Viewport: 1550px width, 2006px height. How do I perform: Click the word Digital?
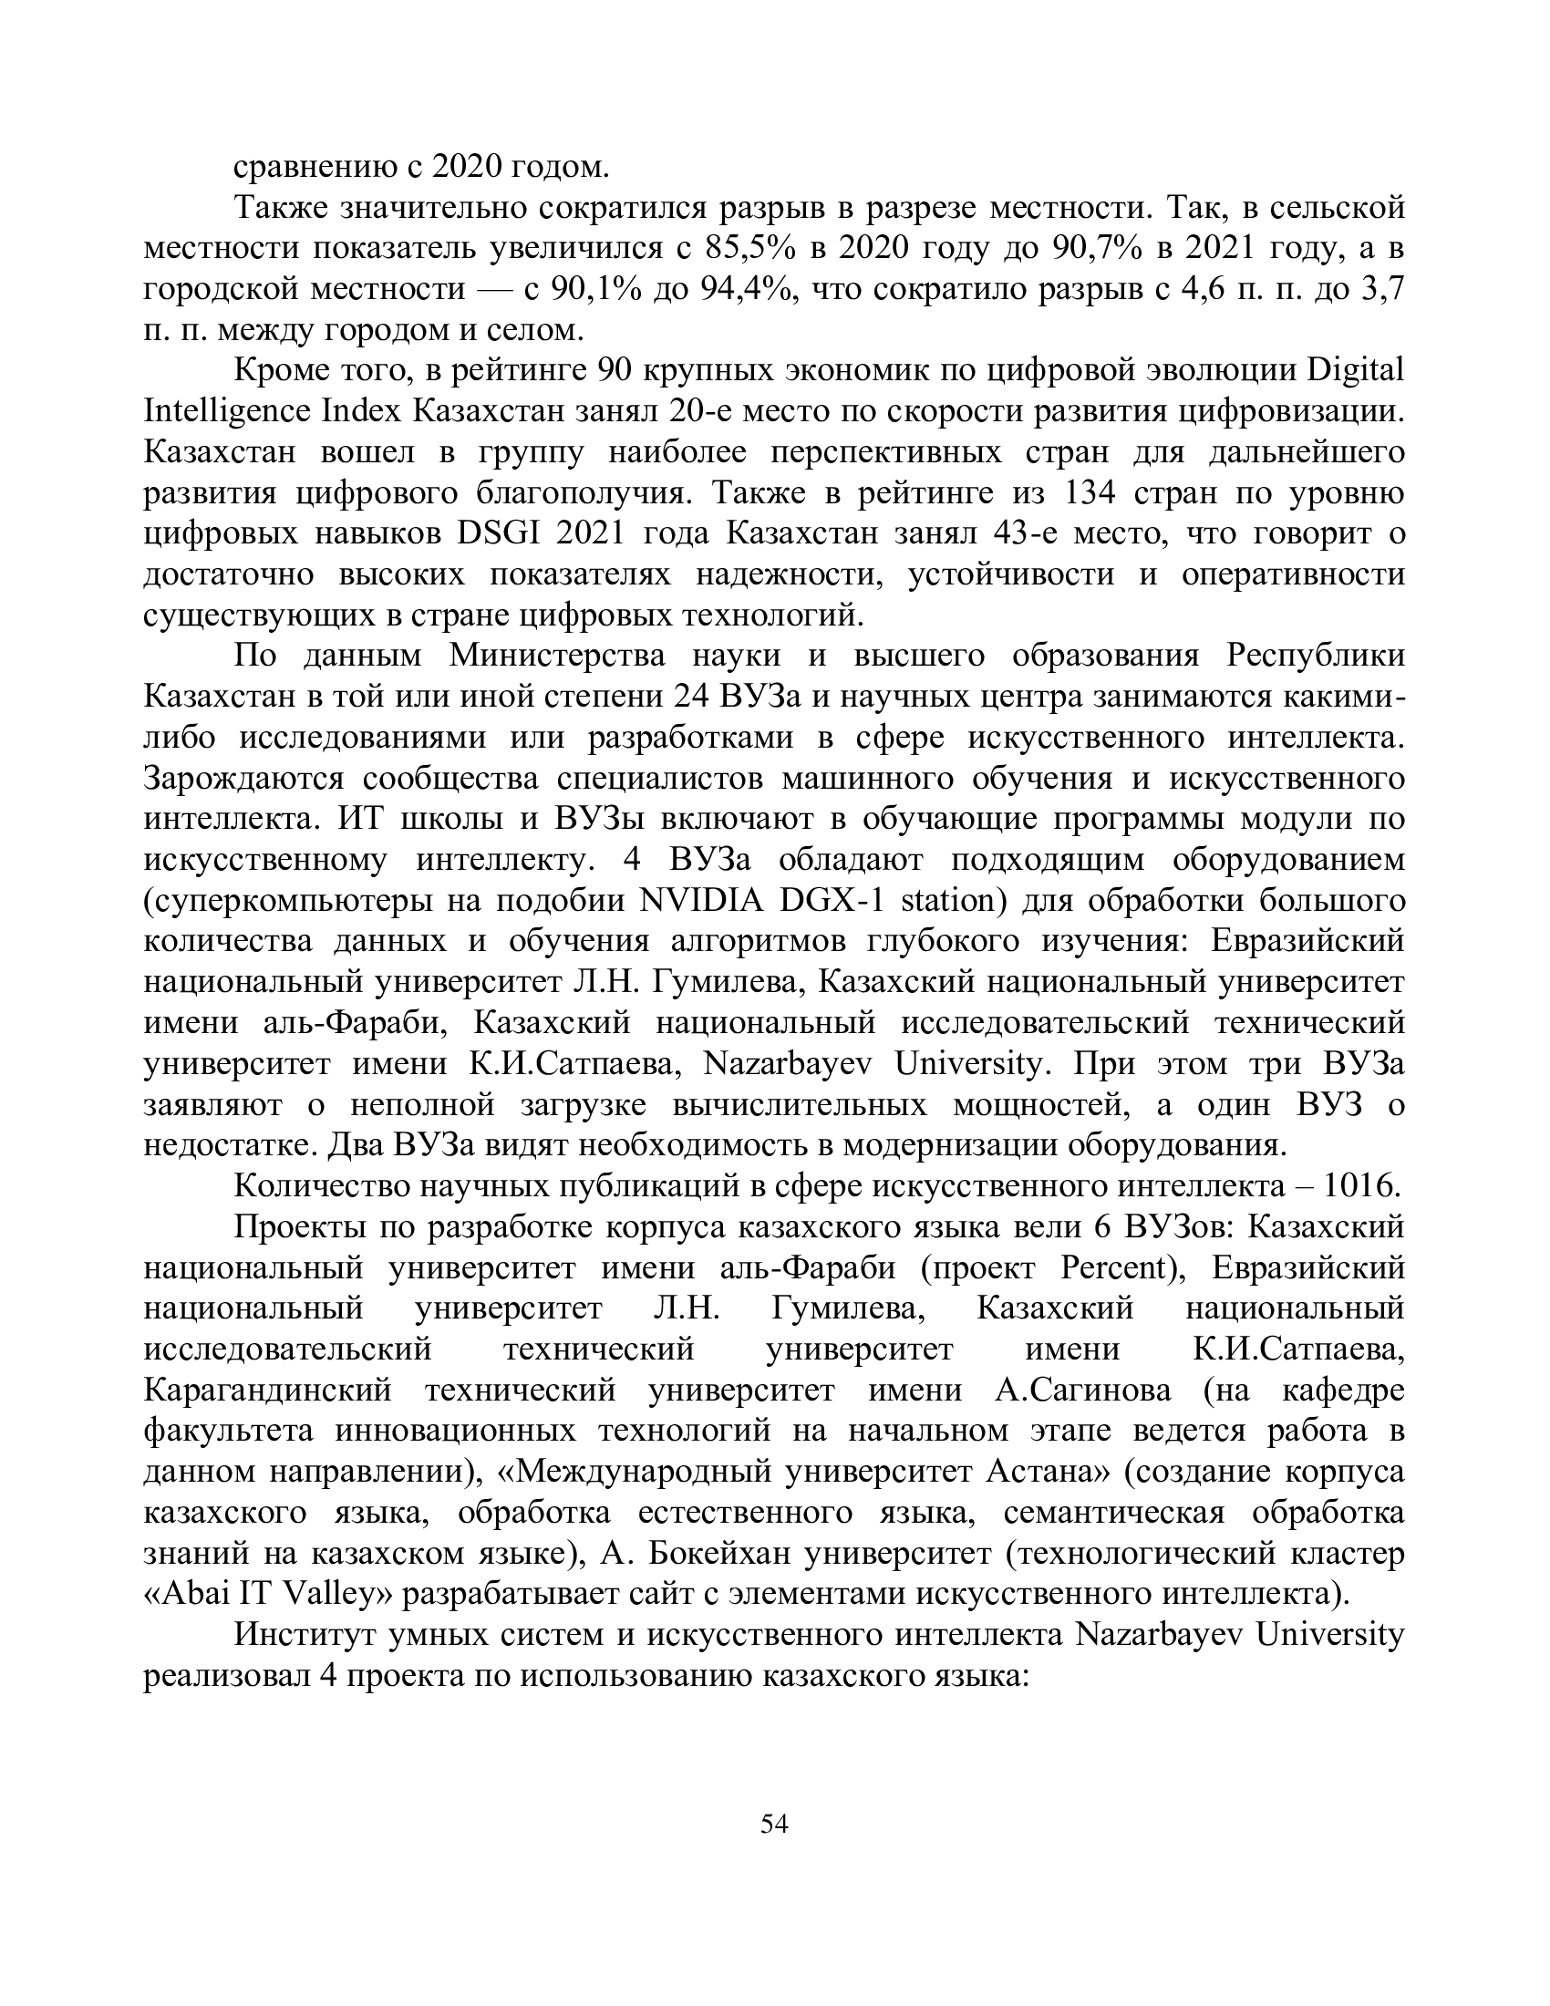1355,371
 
